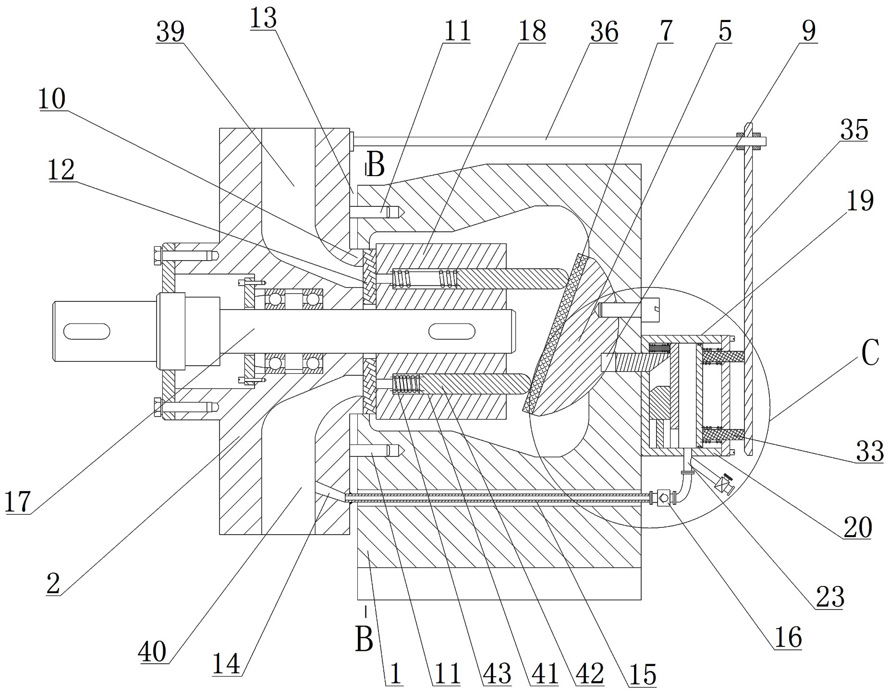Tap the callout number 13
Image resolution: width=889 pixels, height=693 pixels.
coord(263,19)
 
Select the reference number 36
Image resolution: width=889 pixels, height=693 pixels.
coord(604,32)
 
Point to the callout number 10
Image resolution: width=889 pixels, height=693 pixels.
coord(52,99)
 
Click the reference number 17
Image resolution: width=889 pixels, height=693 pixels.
coord(18,502)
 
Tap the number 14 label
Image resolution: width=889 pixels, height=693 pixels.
coord(226,665)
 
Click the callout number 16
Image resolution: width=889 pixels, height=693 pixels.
coord(788,638)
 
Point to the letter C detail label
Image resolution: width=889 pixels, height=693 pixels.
coord(870,353)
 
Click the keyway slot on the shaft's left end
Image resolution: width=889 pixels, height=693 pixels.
coord(86,331)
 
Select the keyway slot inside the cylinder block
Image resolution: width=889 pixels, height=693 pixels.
coord(452,331)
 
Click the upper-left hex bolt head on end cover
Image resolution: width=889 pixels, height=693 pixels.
coord(158,255)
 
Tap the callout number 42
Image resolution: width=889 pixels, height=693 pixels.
coord(590,675)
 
